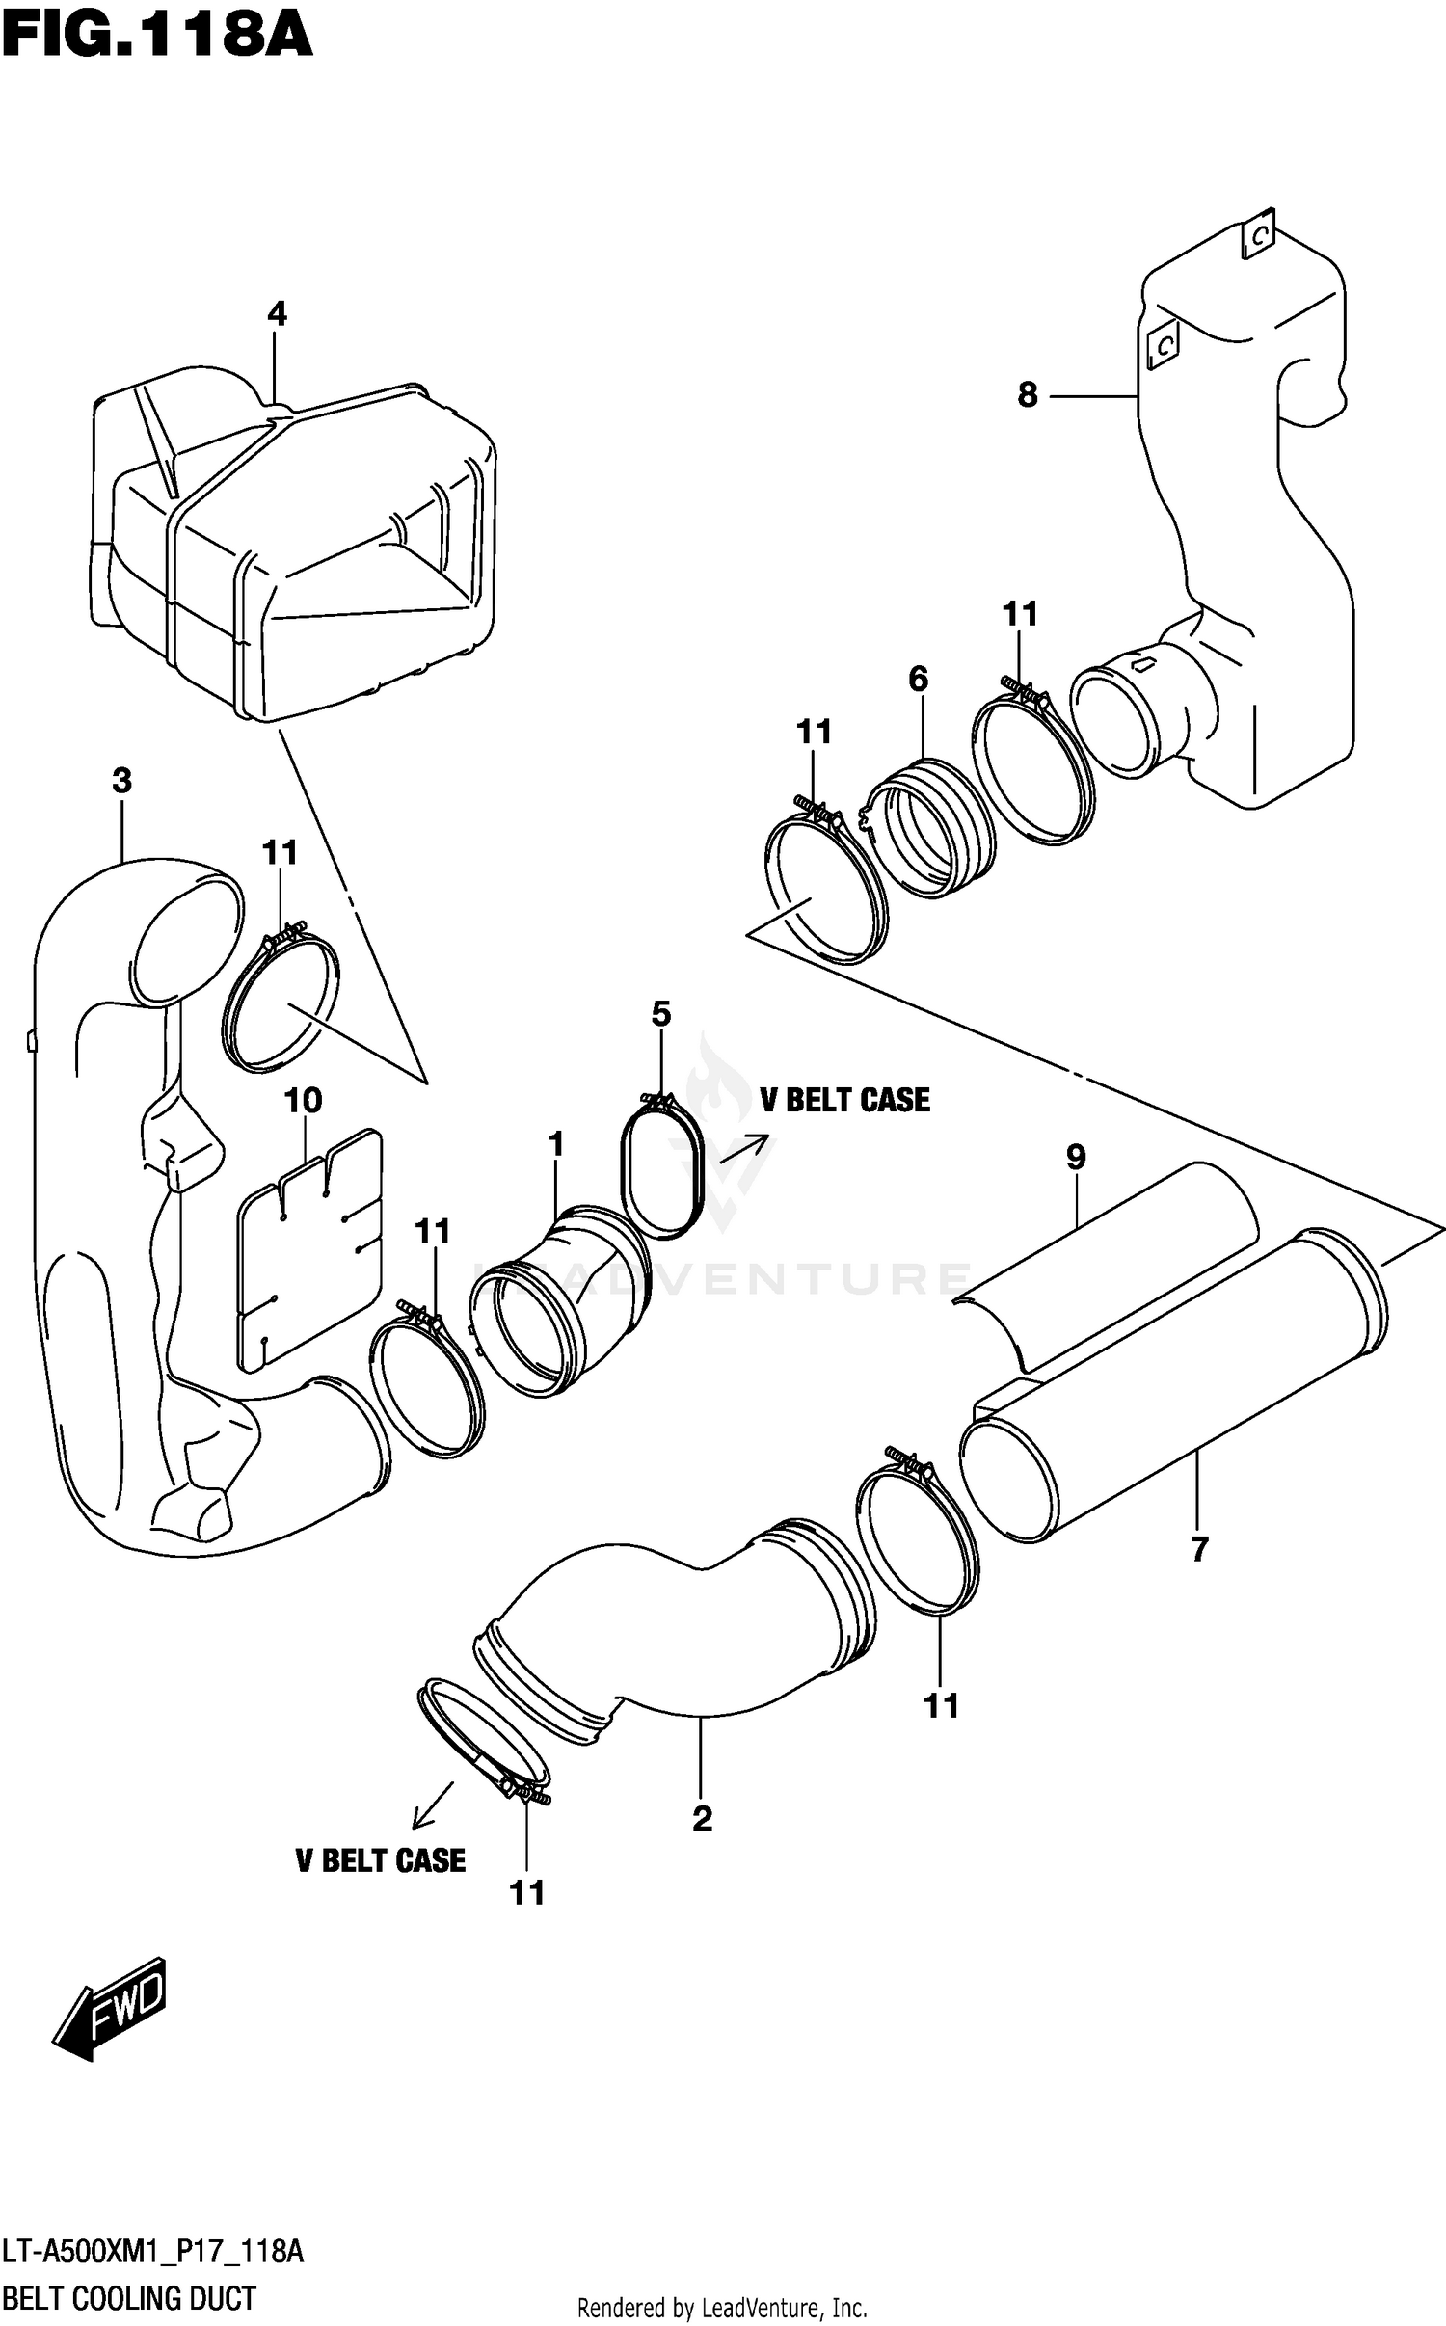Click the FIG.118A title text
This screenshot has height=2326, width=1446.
coord(157,39)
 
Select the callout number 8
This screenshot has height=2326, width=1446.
coord(1028,394)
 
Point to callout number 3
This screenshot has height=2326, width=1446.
coord(121,781)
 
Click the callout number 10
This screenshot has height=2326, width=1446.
coord(303,1100)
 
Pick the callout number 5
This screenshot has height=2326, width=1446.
coord(660,1013)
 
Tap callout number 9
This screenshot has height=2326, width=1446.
coord(1076,1157)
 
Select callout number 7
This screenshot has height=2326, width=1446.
coord(1198,1549)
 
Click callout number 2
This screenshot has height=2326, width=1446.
coord(702,1818)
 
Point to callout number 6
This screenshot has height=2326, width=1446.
coord(918,679)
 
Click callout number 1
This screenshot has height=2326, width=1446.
coord(555,1144)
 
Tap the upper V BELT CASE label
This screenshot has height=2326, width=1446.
coord(844,1100)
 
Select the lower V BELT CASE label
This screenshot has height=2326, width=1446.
coord(380,1859)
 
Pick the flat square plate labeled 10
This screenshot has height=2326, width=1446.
coord(308,1253)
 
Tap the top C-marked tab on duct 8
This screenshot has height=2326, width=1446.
coord(1258,235)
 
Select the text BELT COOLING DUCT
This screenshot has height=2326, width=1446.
coord(129,2298)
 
